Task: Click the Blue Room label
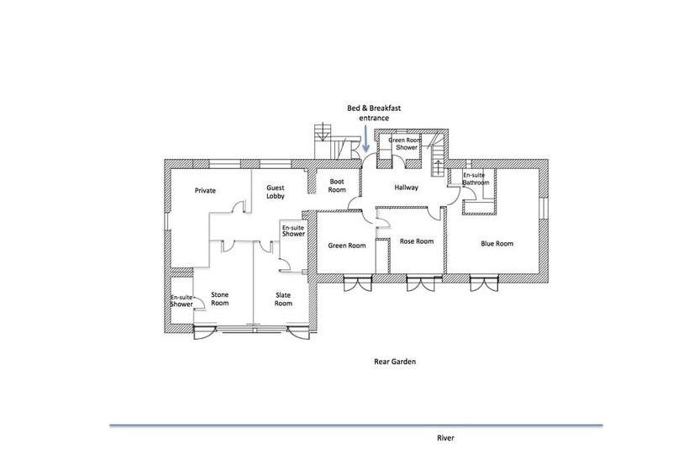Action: [497, 244]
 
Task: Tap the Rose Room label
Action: [417, 241]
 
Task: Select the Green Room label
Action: [347, 246]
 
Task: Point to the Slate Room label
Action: [283, 299]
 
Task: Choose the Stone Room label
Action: [219, 299]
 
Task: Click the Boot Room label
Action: [337, 186]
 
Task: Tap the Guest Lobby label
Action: [276, 192]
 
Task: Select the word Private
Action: [205, 190]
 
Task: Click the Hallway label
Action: [407, 188]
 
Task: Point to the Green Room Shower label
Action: [405, 144]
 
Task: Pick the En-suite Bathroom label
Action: [476, 178]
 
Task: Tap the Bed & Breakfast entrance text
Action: [374, 113]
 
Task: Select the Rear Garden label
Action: [395, 362]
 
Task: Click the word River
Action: [445, 438]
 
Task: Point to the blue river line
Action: [356, 426]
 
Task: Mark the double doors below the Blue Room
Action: [485, 283]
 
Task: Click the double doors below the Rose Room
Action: [420, 283]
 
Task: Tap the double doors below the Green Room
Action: [358, 283]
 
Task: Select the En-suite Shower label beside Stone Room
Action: [181, 301]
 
